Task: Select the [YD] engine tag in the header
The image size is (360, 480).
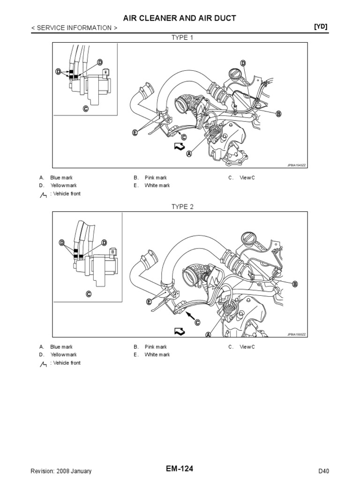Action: click(321, 27)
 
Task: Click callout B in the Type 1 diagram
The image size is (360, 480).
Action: click(278, 114)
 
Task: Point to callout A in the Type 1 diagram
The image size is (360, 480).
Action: click(189, 154)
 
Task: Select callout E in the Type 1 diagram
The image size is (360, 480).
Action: click(135, 133)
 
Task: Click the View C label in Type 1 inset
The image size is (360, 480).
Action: click(86, 109)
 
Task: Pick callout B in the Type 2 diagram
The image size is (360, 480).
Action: click(295, 284)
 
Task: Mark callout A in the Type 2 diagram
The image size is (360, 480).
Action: click(208, 335)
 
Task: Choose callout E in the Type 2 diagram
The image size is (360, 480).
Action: click(149, 302)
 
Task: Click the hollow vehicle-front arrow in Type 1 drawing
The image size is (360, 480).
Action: click(180, 147)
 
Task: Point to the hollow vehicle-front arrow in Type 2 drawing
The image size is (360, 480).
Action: click(180, 331)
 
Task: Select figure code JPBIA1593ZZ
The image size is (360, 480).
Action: click(296, 335)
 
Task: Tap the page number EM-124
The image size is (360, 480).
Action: click(180, 469)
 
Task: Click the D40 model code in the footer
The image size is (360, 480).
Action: click(323, 471)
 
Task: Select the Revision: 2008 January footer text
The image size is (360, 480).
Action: click(61, 471)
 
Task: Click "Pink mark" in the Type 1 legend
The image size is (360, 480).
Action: click(156, 178)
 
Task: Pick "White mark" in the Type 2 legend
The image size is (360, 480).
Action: click(157, 355)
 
